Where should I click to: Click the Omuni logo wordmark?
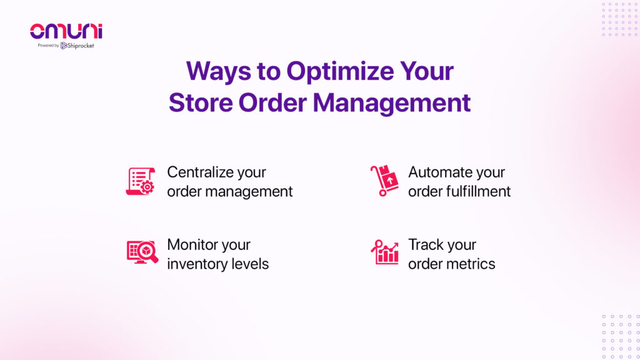pyautogui.click(x=66, y=31)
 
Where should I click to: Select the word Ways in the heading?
pyautogui.click(x=218, y=71)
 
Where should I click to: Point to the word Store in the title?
pyautogui.click(x=201, y=102)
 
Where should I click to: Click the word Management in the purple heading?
pyautogui.click(x=391, y=104)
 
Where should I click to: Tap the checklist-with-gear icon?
pyautogui.click(x=141, y=181)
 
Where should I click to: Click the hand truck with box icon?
pyautogui.click(x=384, y=181)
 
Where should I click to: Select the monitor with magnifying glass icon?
pyautogui.click(x=142, y=252)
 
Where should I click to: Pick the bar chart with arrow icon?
pyautogui.click(x=384, y=252)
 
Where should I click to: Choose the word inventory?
pyautogui.click(x=197, y=264)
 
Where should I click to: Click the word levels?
pyautogui.click(x=250, y=264)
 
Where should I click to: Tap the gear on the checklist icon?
pyautogui.click(x=147, y=187)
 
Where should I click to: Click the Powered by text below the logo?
pyautogui.click(x=49, y=45)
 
